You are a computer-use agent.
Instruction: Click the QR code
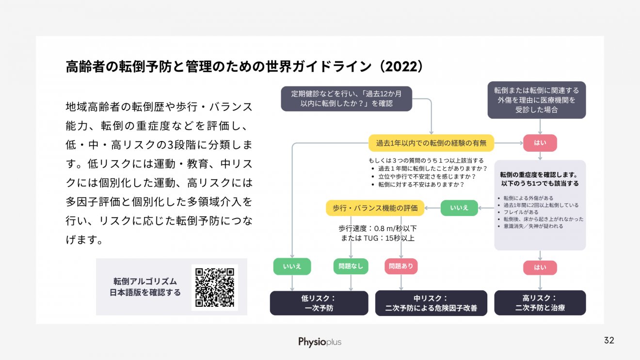[215, 287]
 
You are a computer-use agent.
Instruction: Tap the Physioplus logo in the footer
[320, 342]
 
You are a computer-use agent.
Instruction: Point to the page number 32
[609, 340]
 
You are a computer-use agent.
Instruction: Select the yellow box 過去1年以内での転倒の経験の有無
[431, 143]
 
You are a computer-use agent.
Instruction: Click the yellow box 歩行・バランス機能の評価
[375, 208]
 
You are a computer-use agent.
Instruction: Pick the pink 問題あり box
[401, 266]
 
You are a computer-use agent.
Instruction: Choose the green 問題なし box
[351, 266]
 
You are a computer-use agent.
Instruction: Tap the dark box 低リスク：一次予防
[319, 303]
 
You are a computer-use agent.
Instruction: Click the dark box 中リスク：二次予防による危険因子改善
[431, 303]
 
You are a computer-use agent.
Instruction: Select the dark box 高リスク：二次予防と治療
[540, 303]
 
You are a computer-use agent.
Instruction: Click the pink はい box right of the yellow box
[540, 143]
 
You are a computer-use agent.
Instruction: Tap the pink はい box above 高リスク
[540, 267]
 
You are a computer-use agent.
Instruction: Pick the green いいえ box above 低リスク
[292, 266]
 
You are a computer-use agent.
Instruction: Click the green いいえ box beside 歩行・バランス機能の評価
[459, 208]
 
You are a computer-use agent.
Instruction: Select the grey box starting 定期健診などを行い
[346, 99]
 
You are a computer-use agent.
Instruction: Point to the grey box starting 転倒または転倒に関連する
[537, 100]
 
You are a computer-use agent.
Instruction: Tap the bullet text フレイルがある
[521, 212]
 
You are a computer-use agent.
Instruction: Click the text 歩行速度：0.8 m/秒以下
[378, 228]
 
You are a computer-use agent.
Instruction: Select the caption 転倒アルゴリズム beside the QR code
[145, 282]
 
